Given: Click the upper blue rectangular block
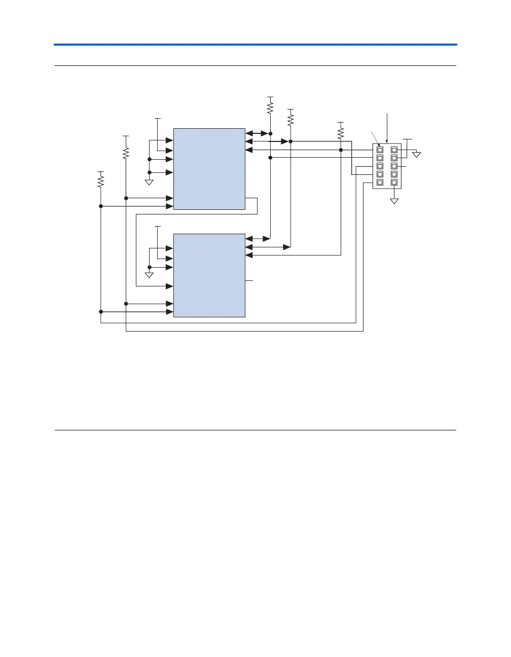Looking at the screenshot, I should pos(209,169).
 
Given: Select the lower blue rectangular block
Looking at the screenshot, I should pos(209,275).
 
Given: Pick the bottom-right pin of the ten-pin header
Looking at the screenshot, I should pos(394,182).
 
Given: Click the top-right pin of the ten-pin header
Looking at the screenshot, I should pos(394,150).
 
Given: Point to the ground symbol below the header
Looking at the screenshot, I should pos(394,201).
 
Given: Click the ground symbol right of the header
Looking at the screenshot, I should pos(416,154).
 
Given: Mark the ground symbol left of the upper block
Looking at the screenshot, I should pos(150,182).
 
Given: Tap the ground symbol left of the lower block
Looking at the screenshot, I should pos(150,275).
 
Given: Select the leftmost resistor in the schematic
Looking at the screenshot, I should pos(101,180).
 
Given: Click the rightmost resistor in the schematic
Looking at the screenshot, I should pos(341,132).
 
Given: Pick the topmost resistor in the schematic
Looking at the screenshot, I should pos(270,107).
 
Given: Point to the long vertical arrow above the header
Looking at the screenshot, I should pos(387,129).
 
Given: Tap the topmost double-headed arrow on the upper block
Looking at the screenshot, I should pos(257,133).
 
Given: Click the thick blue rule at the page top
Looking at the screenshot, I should pos(255,45).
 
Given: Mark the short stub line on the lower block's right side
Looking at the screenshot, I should pos(248,280).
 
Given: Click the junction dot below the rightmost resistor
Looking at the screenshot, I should pos(341,150).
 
